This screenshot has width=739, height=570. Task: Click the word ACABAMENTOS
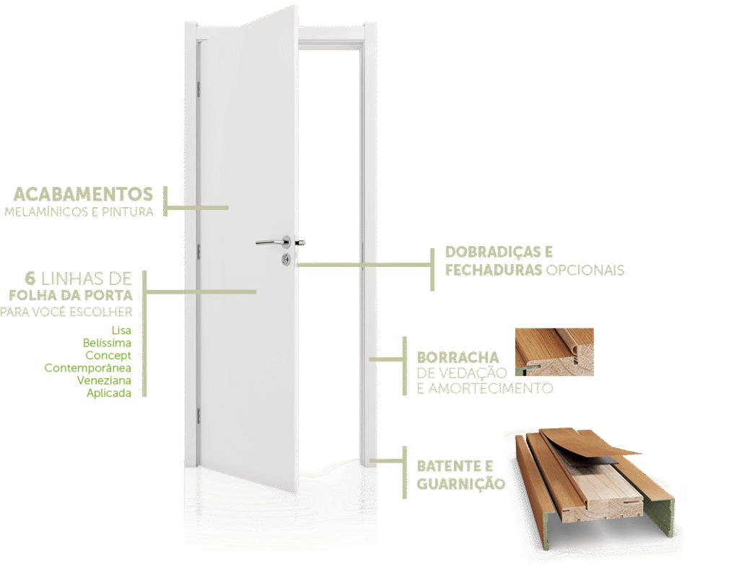coord(83,194)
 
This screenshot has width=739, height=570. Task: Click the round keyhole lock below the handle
coord(287,257)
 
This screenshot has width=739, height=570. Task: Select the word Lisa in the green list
coord(122,330)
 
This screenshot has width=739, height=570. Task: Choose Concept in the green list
coord(108,356)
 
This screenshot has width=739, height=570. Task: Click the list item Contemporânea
coord(87,368)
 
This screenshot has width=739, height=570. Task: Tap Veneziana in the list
coord(104,380)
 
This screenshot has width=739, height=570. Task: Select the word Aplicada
coord(109,393)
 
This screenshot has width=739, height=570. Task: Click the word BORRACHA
coord(458,357)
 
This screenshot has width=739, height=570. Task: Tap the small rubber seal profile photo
coord(554,352)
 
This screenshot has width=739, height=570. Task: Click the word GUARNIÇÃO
coord(460,483)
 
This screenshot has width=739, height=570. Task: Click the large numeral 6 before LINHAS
coord(30,279)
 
